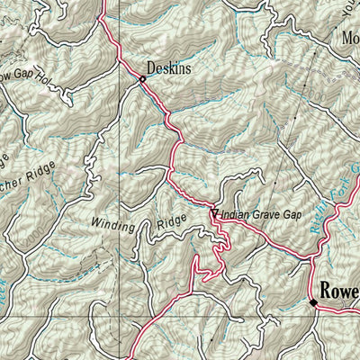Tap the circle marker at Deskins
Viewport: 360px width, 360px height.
click(142, 79)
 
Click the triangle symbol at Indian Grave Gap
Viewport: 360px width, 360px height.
click(214, 213)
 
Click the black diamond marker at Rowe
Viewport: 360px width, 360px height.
click(313, 302)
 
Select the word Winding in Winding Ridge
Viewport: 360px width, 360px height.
click(113, 223)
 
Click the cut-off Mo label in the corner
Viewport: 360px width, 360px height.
click(349, 40)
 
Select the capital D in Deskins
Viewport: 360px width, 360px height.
click(151, 67)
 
